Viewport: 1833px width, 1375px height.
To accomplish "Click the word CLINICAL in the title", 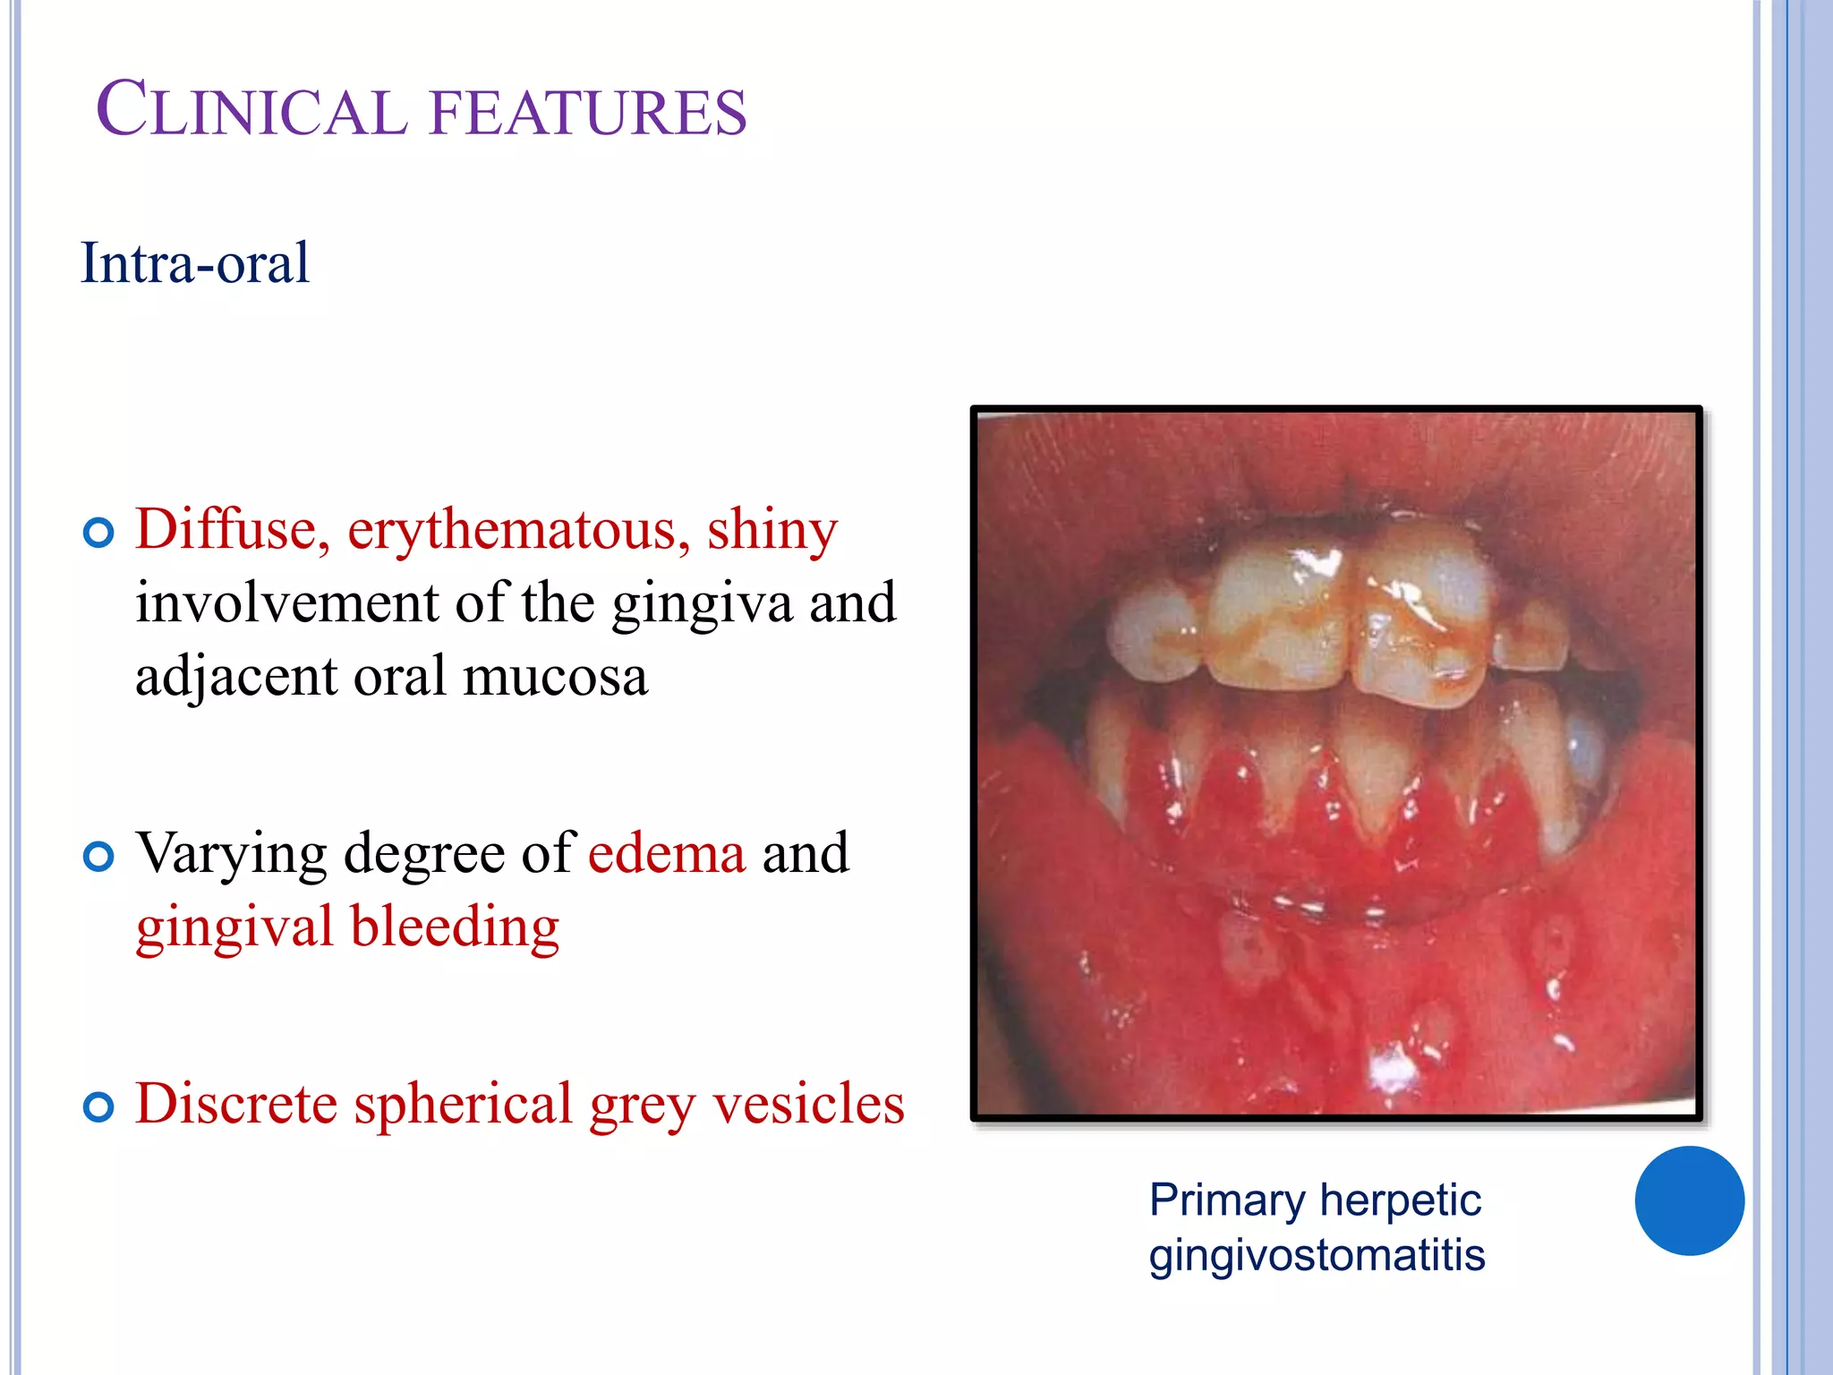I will click(x=251, y=110).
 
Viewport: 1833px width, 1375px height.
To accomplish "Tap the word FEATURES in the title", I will click(x=588, y=112).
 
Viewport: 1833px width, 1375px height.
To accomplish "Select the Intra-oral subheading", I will click(x=195, y=263).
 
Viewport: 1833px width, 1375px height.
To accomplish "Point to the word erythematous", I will click(x=518, y=531).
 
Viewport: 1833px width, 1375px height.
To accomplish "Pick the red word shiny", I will click(x=772, y=531).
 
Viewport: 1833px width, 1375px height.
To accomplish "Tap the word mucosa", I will click(x=555, y=676).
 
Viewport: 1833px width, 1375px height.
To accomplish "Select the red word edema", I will click(x=667, y=852).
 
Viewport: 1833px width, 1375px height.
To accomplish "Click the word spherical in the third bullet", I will click(x=463, y=1105).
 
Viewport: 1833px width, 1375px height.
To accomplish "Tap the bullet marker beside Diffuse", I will click(x=98, y=534).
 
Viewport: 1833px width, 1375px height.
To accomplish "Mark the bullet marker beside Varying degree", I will click(x=98, y=857).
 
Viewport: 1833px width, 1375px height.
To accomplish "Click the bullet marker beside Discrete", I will click(x=98, y=1107).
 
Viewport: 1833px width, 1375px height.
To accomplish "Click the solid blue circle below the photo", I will click(x=1689, y=1200).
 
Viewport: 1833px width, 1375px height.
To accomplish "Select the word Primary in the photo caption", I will click(x=1226, y=1201).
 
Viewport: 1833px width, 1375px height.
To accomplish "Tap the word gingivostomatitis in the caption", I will click(x=1317, y=1255).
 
